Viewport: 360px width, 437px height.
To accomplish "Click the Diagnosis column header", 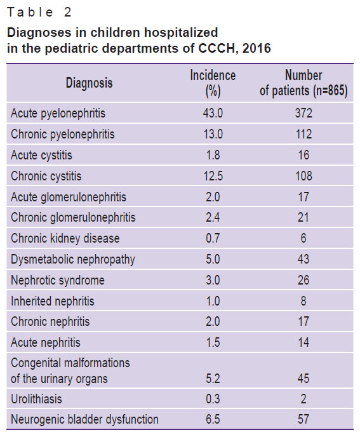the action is (x=89, y=83).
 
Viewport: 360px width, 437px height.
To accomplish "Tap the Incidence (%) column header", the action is (x=213, y=83).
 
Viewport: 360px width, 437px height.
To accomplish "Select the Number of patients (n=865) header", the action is (x=303, y=83).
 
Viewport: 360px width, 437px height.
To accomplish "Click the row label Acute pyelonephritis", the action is (x=58, y=114).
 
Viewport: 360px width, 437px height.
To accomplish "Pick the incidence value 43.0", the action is (x=213, y=113).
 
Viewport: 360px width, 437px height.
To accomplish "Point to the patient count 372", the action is (x=303, y=113).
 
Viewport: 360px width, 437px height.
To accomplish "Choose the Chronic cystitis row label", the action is (x=46, y=176).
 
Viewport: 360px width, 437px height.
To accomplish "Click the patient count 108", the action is (x=303, y=176).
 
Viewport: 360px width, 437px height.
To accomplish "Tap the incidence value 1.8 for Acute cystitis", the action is (x=213, y=155).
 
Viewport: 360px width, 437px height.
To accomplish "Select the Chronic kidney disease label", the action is (x=65, y=239).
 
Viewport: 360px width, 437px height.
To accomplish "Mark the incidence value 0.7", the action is (x=213, y=238).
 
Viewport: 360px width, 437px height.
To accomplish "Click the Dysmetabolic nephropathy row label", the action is (x=73, y=260).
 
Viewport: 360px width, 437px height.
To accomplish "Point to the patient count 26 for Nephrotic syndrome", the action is (x=303, y=280).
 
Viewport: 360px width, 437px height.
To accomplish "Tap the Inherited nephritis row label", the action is (x=53, y=301).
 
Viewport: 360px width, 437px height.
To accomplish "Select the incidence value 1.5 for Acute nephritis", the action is (x=213, y=342).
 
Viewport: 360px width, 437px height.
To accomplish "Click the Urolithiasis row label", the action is (x=36, y=399).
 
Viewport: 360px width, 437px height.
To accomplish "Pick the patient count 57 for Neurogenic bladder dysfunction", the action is (x=303, y=419).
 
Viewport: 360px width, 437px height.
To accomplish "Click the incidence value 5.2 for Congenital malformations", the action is (x=213, y=379).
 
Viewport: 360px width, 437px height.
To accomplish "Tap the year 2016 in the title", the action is (x=257, y=48).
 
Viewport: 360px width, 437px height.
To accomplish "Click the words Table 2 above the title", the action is (x=39, y=12).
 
